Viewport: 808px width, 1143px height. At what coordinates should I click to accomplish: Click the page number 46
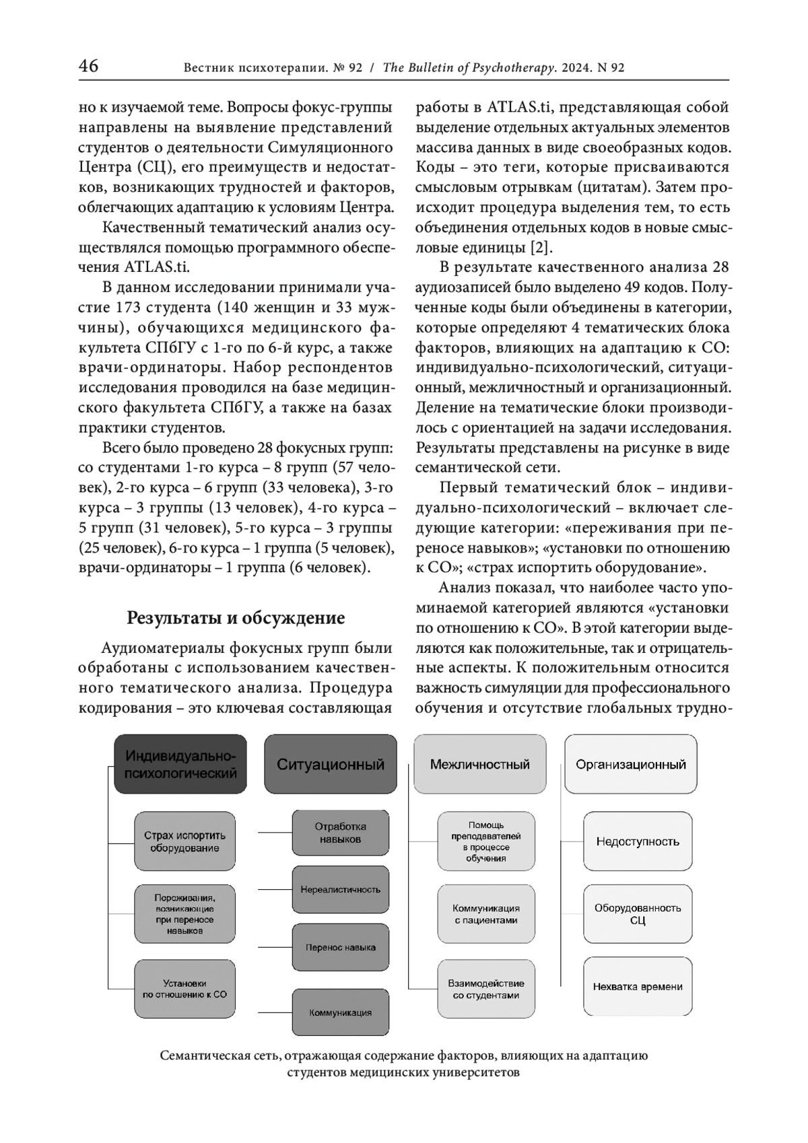[88, 66]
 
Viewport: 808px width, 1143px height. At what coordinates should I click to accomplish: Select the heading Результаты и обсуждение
[236, 617]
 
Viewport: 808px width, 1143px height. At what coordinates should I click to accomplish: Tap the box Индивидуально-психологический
[180, 765]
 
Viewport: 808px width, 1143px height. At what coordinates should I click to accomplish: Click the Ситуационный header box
[331, 765]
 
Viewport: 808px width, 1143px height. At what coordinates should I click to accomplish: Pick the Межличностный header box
[480, 765]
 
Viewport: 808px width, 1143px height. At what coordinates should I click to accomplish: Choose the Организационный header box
[631, 765]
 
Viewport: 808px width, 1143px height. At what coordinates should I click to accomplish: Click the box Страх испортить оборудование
[185, 841]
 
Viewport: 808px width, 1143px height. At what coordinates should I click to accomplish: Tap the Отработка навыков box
[341, 833]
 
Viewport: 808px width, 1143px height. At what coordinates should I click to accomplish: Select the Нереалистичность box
[341, 889]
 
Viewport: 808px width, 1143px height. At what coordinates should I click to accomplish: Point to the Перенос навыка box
[341, 947]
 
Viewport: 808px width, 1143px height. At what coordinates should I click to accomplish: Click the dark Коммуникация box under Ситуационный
[341, 1012]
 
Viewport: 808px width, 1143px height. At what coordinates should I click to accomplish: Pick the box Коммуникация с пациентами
[486, 914]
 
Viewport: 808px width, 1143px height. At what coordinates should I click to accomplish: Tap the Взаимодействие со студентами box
[486, 989]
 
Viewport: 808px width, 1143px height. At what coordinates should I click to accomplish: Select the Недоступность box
[638, 841]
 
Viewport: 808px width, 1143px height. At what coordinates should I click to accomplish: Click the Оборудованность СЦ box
[638, 913]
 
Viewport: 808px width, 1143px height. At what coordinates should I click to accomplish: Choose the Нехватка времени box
[638, 987]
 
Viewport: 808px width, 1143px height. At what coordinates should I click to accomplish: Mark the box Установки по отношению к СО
[185, 988]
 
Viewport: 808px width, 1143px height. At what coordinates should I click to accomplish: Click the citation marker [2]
[540, 247]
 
